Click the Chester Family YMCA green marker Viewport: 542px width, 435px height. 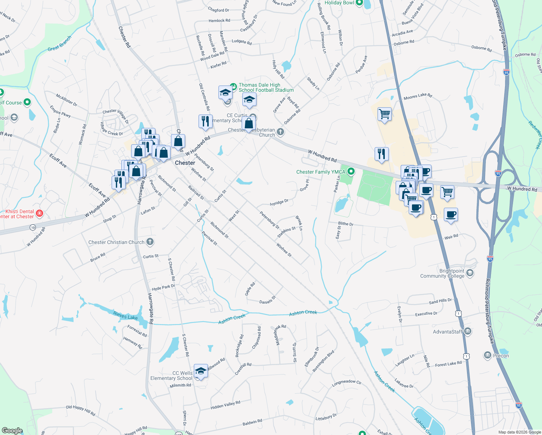(351, 171)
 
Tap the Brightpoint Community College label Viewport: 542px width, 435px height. (442, 274)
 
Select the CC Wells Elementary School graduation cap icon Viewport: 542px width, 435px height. (201, 371)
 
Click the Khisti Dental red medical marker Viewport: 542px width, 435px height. (39, 214)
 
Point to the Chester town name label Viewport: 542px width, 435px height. (185, 163)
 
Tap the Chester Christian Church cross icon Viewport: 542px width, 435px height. (150, 242)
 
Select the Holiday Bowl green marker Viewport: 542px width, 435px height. (359, 3)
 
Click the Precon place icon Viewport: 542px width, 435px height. (488, 355)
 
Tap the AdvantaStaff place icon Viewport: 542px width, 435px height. (467, 331)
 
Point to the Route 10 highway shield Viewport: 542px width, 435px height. (33, 227)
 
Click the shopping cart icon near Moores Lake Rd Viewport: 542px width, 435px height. (384, 114)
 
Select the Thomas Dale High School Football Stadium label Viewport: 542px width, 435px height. (266, 87)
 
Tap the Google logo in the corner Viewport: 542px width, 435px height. (12, 430)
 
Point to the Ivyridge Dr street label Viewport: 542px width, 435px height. (279, 202)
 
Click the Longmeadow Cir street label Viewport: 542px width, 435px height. (347, 383)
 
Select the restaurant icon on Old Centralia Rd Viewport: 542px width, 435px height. (205, 121)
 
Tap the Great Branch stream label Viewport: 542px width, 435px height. (60, 43)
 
